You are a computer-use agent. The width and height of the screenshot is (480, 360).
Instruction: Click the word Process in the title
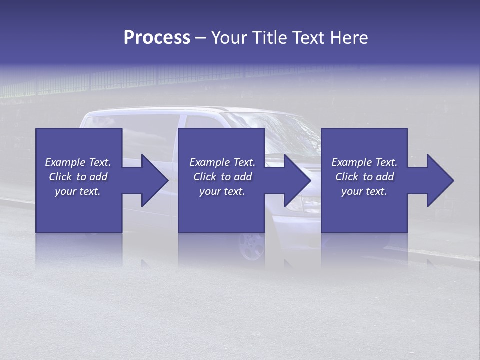[x=157, y=37]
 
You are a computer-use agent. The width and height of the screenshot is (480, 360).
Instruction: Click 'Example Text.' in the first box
[x=78, y=162]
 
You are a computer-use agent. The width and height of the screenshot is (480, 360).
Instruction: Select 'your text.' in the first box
[x=78, y=191]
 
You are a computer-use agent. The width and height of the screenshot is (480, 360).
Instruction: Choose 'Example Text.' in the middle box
[x=222, y=162]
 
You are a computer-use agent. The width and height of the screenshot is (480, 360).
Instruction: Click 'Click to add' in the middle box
[x=222, y=177]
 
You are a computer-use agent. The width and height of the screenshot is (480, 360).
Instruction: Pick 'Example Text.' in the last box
[x=364, y=162]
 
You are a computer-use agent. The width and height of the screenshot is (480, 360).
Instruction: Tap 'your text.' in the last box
[x=364, y=191]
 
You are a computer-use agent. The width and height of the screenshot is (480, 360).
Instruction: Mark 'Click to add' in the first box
[x=78, y=177]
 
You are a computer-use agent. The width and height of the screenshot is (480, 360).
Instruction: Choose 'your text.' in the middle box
[x=222, y=191]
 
